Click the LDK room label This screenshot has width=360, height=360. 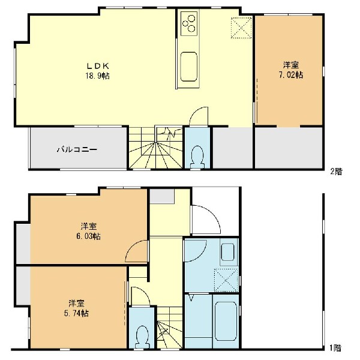pyautogui.click(x=98, y=66)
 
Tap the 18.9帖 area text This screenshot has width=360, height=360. pyautogui.click(x=98, y=76)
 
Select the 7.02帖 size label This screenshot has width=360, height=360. pyautogui.click(x=291, y=75)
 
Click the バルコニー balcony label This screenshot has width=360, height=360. pyautogui.click(x=77, y=149)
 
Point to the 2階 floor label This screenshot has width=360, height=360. pyautogui.click(x=336, y=171)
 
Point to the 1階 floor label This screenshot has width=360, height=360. pyautogui.click(x=335, y=348)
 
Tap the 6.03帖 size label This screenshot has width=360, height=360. pyautogui.click(x=89, y=236)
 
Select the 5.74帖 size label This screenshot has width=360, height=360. pyautogui.click(x=76, y=313)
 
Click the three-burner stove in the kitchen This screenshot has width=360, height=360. pyautogui.click(x=189, y=23)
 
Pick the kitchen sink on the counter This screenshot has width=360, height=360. pyautogui.click(x=189, y=67)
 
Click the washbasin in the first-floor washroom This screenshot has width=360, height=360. pyautogui.click(x=228, y=252)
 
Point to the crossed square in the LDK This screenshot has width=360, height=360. pyautogui.click(x=241, y=28)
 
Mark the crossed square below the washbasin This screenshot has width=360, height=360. pyautogui.click(x=226, y=280)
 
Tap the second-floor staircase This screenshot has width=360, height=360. pyautogui.click(x=155, y=148)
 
